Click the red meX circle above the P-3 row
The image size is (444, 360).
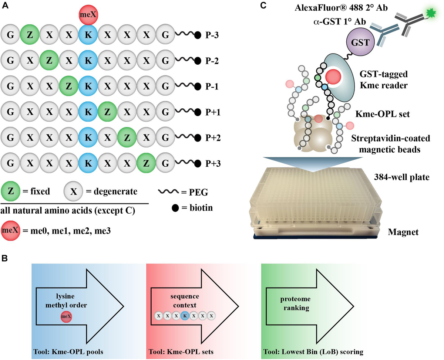click(88, 15)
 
